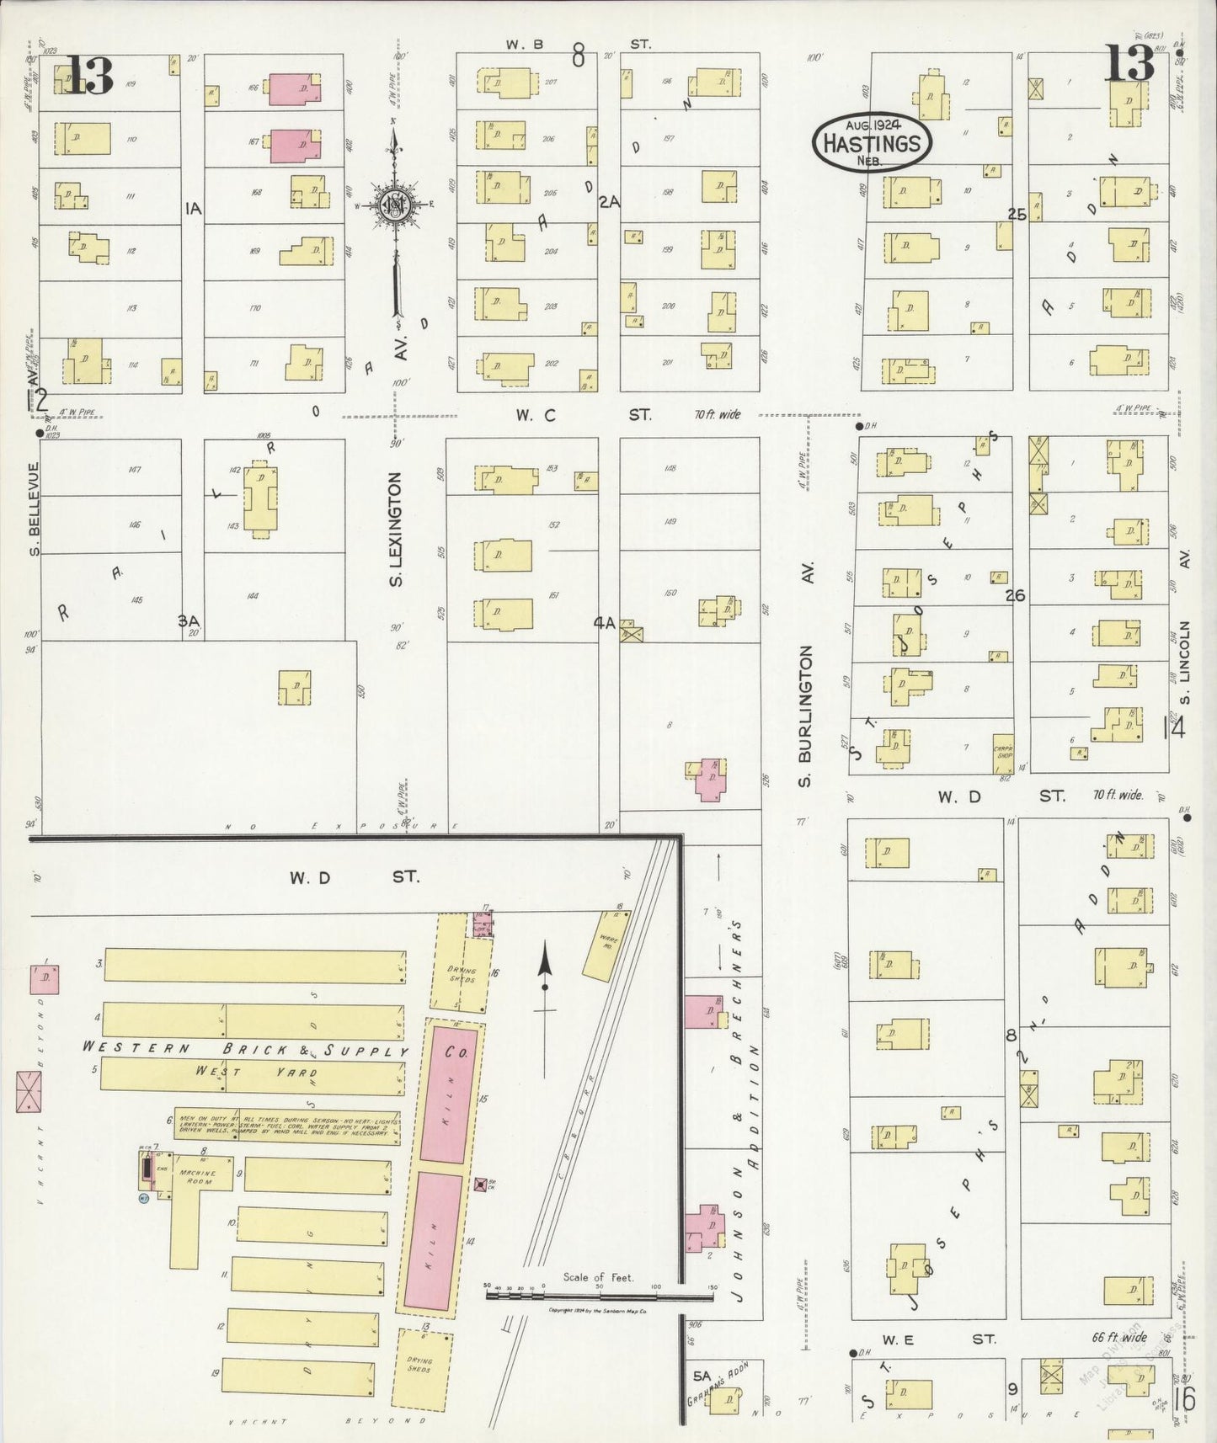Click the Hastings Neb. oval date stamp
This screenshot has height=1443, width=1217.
[872, 141]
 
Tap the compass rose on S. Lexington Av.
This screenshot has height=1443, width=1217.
[394, 205]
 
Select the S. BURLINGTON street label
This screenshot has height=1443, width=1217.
[806, 716]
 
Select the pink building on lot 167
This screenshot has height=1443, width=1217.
[294, 146]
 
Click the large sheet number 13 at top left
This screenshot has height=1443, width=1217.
[88, 76]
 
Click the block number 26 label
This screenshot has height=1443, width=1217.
[1015, 595]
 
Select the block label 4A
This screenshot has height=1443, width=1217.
[604, 623]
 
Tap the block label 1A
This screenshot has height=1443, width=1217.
[194, 208]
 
